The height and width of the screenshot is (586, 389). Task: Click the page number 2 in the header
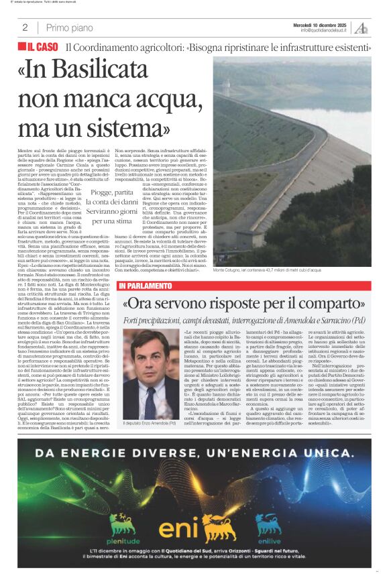pos(25,27)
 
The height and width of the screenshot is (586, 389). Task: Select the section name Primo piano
pos(70,27)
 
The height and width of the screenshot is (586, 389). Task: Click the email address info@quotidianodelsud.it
pos(323,30)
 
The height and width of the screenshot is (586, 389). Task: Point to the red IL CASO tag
pos(39,48)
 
